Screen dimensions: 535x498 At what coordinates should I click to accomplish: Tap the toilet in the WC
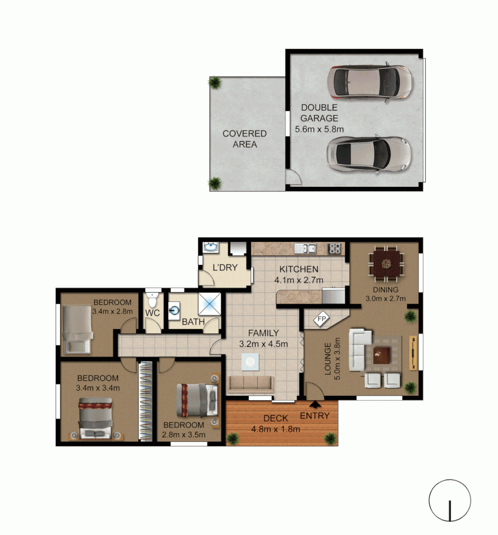click(x=153, y=300)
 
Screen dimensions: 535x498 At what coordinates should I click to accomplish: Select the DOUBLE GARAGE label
click(x=319, y=113)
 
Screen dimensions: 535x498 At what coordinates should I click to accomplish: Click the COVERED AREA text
click(x=244, y=139)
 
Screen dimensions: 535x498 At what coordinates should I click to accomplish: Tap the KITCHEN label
click(x=298, y=269)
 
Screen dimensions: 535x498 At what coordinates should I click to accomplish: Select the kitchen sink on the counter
click(x=305, y=248)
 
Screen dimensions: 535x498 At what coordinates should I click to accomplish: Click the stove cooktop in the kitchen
click(x=335, y=248)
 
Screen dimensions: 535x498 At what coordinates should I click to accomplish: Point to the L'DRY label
click(x=225, y=268)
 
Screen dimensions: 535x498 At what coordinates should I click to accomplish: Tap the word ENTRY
click(x=315, y=416)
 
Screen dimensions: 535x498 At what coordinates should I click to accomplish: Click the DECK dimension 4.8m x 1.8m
click(x=276, y=429)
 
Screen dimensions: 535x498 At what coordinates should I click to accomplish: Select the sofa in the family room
click(x=250, y=383)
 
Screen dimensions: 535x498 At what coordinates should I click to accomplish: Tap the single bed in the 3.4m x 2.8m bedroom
click(x=76, y=328)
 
